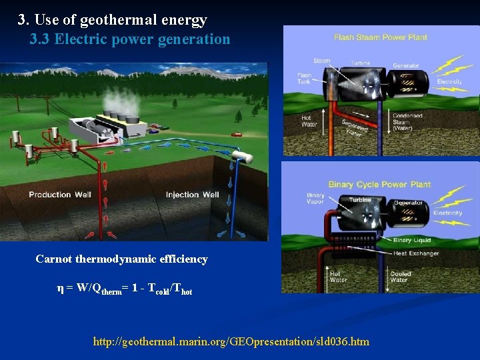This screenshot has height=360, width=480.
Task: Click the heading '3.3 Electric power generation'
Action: [x=130, y=39]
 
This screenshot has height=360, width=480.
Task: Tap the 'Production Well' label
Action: [x=59, y=195]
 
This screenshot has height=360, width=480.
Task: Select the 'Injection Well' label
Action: [x=192, y=195]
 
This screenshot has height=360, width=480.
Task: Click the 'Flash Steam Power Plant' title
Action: [x=381, y=37]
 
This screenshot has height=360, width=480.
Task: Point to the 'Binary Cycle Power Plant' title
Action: [x=379, y=184]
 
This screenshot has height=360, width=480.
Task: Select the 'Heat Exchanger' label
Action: [x=416, y=253]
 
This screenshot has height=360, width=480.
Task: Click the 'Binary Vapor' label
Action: [x=315, y=199]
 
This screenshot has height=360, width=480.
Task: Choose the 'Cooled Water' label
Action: [x=400, y=277]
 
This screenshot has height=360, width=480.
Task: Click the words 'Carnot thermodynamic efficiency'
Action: [x=121, y=259]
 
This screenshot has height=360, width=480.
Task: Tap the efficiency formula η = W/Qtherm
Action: [x=125, y=289]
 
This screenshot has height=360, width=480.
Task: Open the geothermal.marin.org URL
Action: [x=231, y=341]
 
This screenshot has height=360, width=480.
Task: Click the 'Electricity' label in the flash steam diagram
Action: [x=449, y=82]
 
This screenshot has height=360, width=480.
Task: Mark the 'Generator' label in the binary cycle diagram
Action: [x=408, y=203]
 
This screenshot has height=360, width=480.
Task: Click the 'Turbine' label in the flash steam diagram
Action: [x=361, y=63]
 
